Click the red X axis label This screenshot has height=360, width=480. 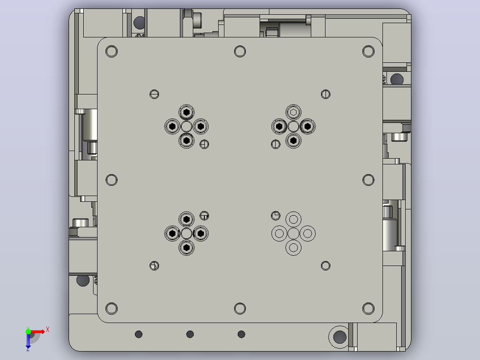tap(48, 330)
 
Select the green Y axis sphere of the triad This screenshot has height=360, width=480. tap(28, 331)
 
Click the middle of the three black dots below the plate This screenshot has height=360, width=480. tap(190, 334)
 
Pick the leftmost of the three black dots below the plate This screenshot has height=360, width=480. tap(138, 334)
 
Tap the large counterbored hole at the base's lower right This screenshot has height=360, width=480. tap(339, 337)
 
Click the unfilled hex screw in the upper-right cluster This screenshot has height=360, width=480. tap(293, 112)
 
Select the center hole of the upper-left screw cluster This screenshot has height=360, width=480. tap(187, 126)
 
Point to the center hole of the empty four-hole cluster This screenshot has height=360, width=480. tap(293, 233)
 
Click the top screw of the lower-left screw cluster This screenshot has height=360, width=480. tap(187, 219)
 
